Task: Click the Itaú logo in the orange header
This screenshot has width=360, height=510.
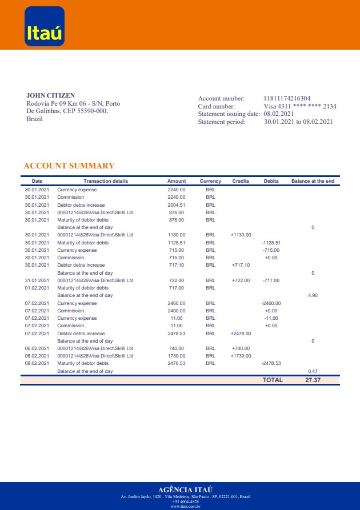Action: point(45,26)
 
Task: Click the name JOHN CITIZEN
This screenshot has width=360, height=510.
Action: point(51,95)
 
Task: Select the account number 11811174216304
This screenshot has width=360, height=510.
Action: point(287,99)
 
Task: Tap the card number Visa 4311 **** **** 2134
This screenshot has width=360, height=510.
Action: point(300,106)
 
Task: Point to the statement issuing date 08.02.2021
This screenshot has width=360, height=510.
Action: point(279,114)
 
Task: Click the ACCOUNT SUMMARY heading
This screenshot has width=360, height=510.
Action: point(69,166)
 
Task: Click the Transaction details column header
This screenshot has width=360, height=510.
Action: point(106,181)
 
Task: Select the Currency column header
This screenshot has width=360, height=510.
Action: point(210,181)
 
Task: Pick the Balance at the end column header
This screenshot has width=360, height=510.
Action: point(313,181)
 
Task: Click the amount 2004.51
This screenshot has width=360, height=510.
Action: point(177,204)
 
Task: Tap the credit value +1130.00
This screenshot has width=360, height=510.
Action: point(241,235)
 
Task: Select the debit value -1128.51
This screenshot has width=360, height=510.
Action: point(271,242)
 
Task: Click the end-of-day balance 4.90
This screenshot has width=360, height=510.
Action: point(313,295)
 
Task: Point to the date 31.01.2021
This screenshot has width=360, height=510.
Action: point(37,280)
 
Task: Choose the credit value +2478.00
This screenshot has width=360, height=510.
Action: point(241,333)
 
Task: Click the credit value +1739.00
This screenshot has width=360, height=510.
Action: point(241,356)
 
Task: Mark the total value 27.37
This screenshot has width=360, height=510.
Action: point(313,380)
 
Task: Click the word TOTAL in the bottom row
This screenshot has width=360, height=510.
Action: point(273,380)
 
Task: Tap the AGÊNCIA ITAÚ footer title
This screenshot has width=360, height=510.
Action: point(185,489)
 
